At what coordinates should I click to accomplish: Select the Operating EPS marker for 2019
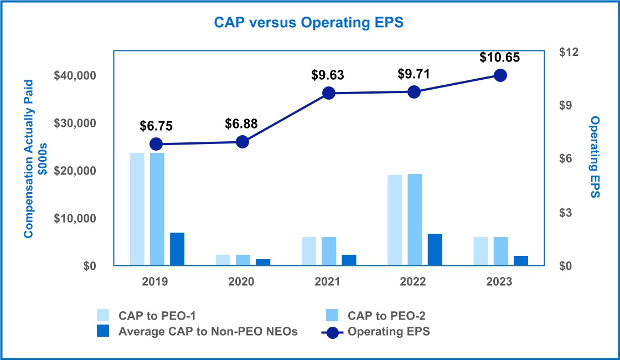156,144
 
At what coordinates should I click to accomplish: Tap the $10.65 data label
500,57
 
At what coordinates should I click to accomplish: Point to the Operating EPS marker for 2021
328,93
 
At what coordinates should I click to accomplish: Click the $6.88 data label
242,124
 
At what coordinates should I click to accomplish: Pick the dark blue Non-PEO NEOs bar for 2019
177,249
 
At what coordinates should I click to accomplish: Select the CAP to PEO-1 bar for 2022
395,220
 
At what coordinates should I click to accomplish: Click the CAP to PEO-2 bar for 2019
157,209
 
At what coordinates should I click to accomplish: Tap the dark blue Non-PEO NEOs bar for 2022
435,250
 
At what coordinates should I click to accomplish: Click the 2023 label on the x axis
500,282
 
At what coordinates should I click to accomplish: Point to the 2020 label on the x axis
242,282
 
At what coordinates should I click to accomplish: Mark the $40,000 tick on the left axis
74,75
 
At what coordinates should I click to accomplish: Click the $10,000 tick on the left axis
74,219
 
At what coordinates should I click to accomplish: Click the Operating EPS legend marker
332,332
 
